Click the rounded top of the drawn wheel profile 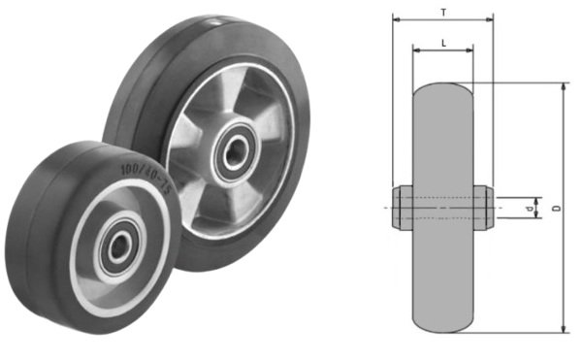tap(442, 87)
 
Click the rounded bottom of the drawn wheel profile tap(442, 328)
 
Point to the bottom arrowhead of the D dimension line tap(563, 330)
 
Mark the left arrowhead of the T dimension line tap(396, 18)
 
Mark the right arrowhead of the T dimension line tap(490, 18)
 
